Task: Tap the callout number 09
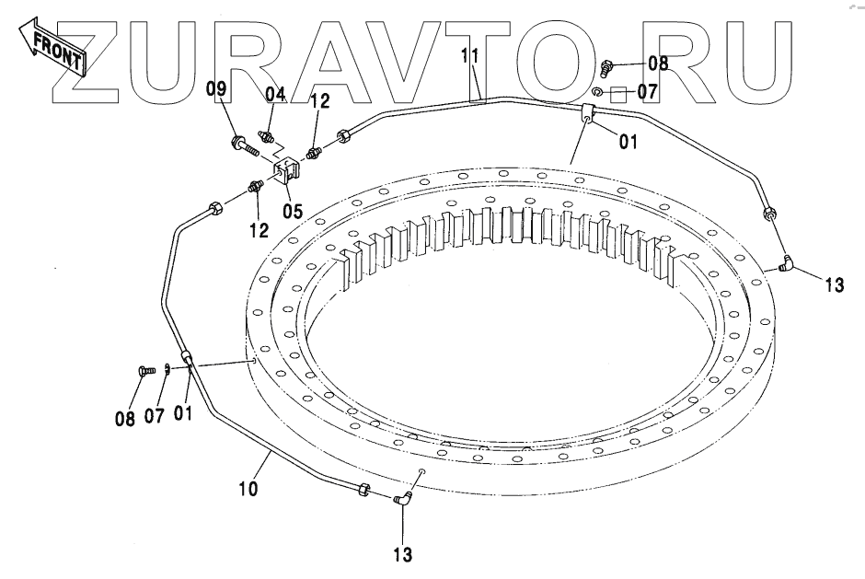tap(215, 89)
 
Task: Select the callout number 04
tap(276, 94)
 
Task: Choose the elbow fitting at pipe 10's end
tap(402, 500)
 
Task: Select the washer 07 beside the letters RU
tap(598, 92)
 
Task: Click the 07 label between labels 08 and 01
tap(155, 416)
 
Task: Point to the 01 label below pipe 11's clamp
tap(628, 143)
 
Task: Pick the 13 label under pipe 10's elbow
tap(401, 555)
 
